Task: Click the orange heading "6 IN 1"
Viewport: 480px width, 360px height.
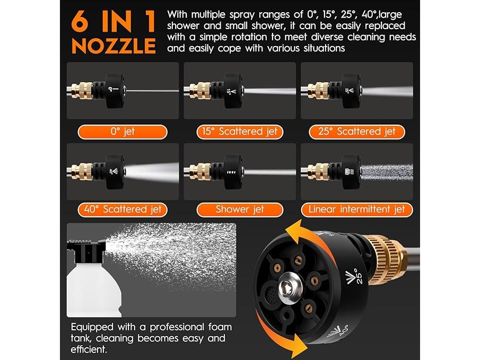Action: (x=114, y=21)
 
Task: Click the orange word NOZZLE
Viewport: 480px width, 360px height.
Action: (x=114, y=46)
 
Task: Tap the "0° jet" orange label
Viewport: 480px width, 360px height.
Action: (x=123, y=132)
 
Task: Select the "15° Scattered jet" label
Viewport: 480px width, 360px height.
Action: (x=240, y=132)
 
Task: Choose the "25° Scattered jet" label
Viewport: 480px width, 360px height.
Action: (x=357, y=132)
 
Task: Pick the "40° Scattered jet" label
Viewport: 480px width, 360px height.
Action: (x=123, y=210)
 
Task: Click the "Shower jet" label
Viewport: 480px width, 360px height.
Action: (x=240, y=210)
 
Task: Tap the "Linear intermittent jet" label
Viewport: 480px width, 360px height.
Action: (x=357, y=210)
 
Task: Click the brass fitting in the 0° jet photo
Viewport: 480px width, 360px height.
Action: (x=82, y=91)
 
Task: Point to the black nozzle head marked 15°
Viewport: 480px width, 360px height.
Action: (x=233, y=91)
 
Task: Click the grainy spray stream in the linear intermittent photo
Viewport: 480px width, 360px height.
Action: (x=387, y=172)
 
